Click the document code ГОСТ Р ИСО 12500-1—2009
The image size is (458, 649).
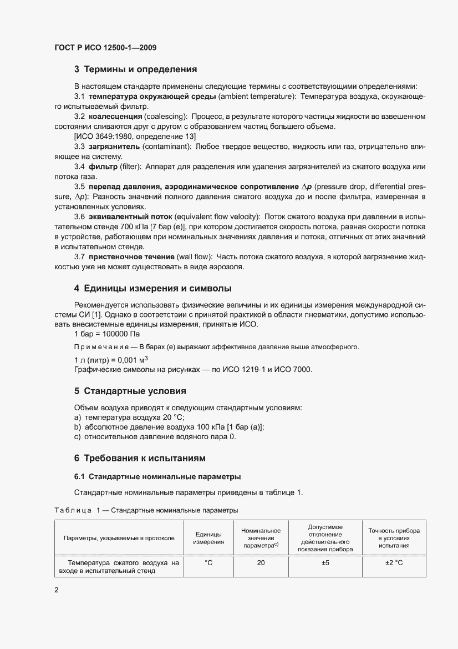click(x=105, y=48)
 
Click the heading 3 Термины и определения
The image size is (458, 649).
click(x=136, y=70)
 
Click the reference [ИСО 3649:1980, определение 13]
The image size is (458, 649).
click(x=134, y=137)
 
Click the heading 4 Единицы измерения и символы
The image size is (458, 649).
click(x=152, y=289)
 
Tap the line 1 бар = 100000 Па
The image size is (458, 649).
click(x=107, y=334)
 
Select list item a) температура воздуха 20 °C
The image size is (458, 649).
click(x=129, y=417)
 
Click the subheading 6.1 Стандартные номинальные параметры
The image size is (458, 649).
click(x=157, y=476)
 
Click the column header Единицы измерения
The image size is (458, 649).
click(x=208, y=538)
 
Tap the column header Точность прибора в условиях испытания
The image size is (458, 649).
click(x=394, y=538)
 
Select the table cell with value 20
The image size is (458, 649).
click(x=261, y=564)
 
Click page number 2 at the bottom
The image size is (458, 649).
click(x=57, y=606)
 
